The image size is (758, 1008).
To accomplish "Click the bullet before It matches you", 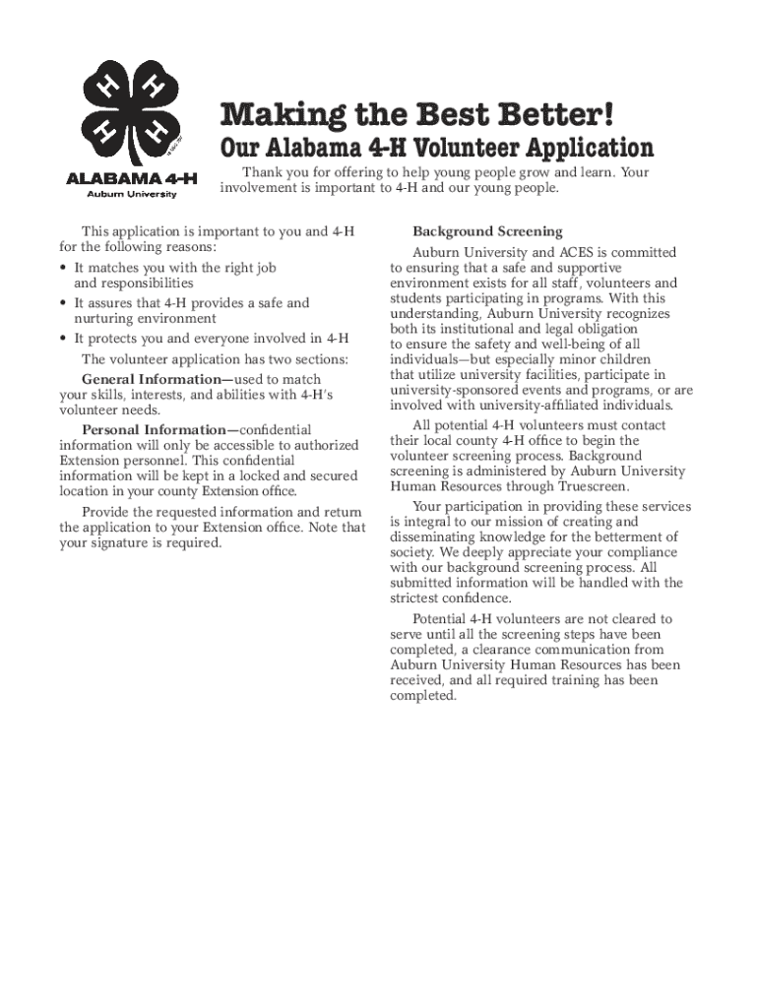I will pyautogui.click(x=64, y=268).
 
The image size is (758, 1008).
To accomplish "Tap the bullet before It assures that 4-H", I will pyautogui.click(x=64, y=303).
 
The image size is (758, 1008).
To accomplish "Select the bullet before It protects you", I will pyautogui.click(x=64, y=339).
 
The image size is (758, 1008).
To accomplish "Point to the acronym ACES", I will pyautogui.click(x=578, y=253).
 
